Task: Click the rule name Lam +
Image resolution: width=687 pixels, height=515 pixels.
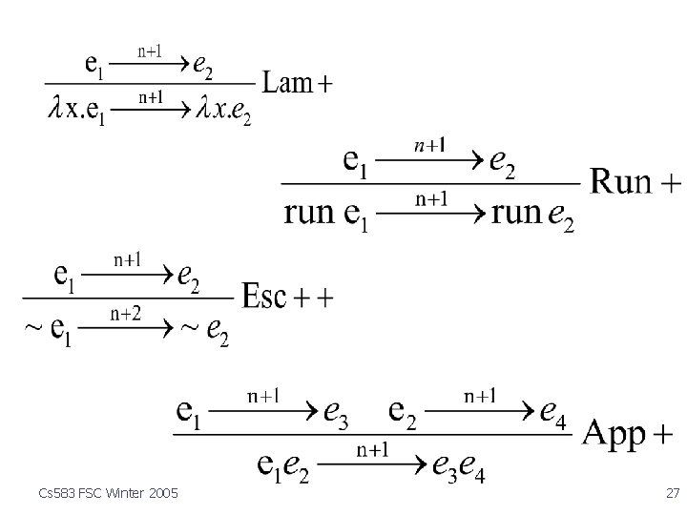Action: pos(297,84)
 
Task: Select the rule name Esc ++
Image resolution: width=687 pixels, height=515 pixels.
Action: pos(287,297)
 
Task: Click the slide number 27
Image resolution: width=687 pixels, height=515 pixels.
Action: pos(672,492)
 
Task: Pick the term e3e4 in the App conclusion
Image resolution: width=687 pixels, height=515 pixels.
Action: pos(458,466)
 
